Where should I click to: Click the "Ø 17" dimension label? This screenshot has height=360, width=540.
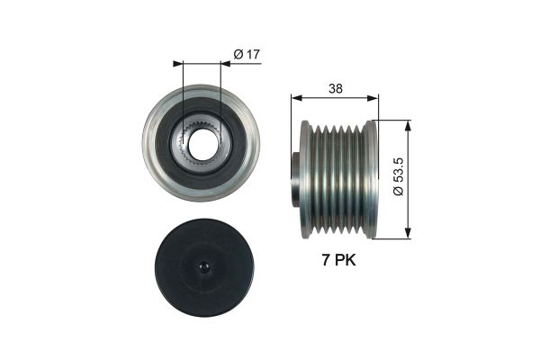[246, 55]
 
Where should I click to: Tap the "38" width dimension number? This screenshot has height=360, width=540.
[335, 89]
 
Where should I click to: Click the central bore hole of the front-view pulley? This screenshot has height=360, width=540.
[200, 143]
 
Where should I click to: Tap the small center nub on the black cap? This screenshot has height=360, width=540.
[201, 267]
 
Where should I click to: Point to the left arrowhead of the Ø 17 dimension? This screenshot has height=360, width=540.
[177, 64]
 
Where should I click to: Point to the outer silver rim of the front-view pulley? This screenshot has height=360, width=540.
[149, 144]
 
